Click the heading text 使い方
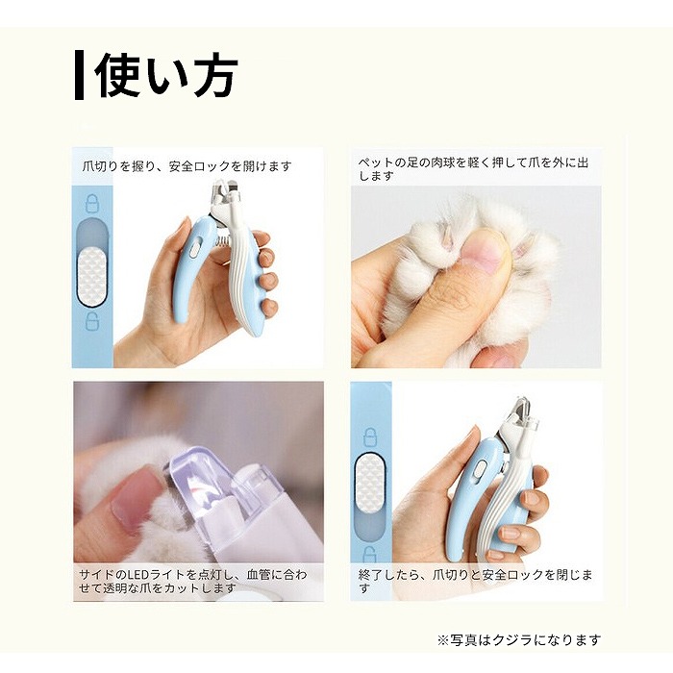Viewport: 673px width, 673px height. pos(166,75)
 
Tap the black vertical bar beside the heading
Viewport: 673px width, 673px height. pos(80,75)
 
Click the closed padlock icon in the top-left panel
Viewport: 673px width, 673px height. pos(92,204)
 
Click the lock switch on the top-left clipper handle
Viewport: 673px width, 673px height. pos(192,247)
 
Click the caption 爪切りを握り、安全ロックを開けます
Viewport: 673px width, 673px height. pos(187,166)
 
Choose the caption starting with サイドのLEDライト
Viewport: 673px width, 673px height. pos(194,582)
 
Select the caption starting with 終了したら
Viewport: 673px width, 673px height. pos(476,582)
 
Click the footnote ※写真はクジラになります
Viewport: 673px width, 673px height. pos(518,639)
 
